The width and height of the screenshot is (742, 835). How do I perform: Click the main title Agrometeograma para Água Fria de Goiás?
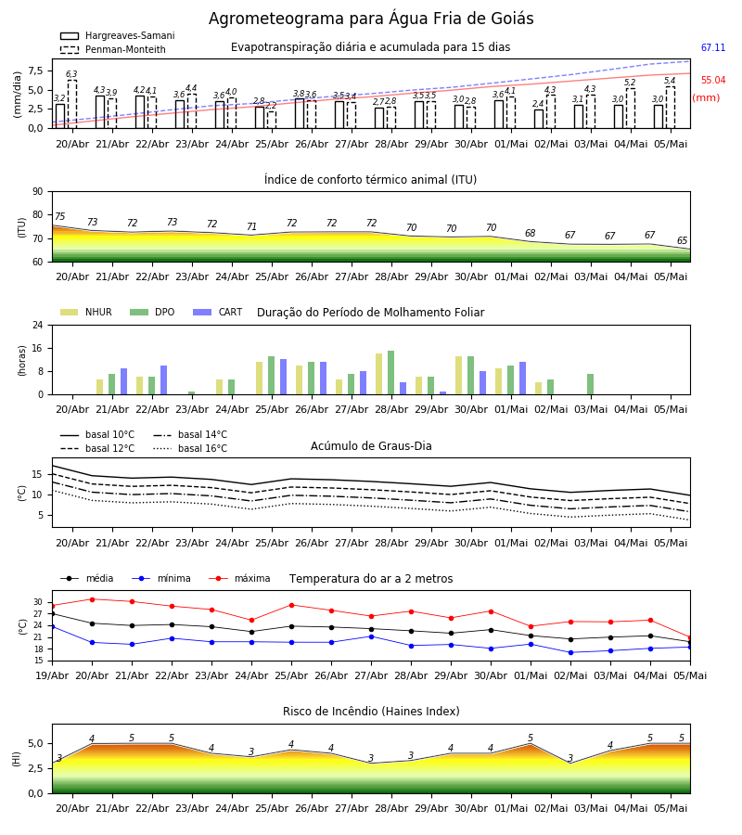pos(371,19)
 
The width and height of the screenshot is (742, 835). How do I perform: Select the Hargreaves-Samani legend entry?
pos(118,35)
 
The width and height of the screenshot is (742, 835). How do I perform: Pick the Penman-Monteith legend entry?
pos(113,49)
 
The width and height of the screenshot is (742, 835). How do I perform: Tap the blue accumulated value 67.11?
pos(712,47)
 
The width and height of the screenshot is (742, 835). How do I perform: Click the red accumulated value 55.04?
pos(712,80)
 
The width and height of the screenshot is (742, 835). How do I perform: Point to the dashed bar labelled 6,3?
pos(71,104)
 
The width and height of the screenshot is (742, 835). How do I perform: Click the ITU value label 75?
pos(59,216)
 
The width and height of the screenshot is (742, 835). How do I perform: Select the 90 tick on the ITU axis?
pos(38,192)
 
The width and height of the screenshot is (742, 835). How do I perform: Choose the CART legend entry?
pos(217,312)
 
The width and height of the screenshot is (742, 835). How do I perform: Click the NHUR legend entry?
pos(85,312)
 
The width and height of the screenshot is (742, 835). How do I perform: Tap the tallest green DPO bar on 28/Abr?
pos(391,373)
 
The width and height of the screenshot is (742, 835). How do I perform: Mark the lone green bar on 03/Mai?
pos(590,384)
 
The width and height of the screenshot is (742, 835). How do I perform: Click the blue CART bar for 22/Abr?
pos(163,380)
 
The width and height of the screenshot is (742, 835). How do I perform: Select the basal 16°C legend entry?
pos(190,448)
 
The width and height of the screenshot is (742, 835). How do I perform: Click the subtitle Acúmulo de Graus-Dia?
pos(371,446)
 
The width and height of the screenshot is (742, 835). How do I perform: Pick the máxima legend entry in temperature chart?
pos(239,578)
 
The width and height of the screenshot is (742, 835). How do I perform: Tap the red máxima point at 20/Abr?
pos(92,599)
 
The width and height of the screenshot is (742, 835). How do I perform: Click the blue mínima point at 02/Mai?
pos(570,652)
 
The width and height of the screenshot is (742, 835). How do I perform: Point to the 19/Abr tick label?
pos(52,675)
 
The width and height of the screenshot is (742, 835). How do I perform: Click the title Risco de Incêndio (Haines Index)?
pos(371,712)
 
